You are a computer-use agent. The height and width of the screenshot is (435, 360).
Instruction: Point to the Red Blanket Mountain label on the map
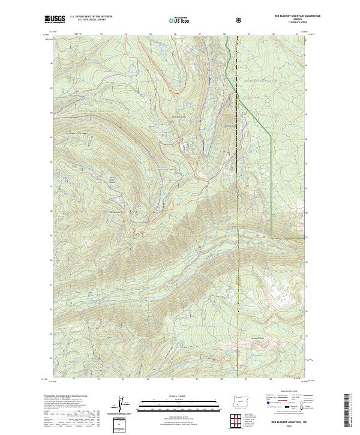(117, 211)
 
